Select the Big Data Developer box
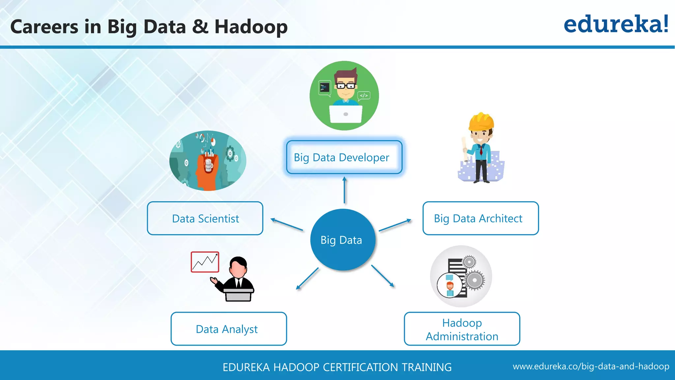(x=344, y=157)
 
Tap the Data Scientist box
(x=205, y=218)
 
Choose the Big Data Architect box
(x=481, y=218)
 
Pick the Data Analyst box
(x=229, y=329)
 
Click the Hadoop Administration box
(x=462, y=329)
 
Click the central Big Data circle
(x=342, y=240)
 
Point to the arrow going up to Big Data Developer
(x=344, y=190)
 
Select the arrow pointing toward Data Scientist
(x=286, y=224)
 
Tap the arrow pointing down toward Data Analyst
(x=307, y=279)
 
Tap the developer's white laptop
(x=346, y=114)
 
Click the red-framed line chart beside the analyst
(x=205, y=262)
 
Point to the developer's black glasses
(x=346, y=86)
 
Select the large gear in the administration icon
(x=474, y=280)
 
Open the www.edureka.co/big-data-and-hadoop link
(x=591, y=366)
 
